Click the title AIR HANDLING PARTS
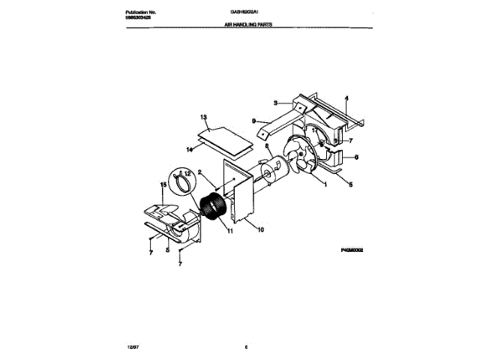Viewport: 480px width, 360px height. (x=247, y=25)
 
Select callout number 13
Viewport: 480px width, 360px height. (x=202, y=117)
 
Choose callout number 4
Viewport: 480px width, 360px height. (x=346, y=98)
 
